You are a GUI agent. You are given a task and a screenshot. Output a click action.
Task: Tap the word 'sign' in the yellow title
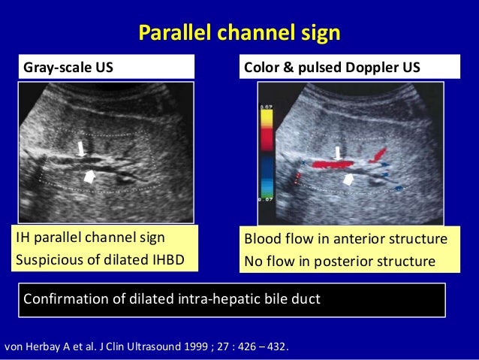[322, 33]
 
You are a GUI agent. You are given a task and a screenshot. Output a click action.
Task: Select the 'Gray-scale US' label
[69, 68]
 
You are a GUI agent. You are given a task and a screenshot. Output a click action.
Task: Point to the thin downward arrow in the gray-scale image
[81, 148]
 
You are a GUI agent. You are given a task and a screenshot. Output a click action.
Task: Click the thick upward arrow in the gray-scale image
[89, 177]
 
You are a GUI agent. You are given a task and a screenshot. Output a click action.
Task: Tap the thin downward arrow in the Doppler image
[339, 153]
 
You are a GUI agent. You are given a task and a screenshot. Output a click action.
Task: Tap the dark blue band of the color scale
[266, 168]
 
